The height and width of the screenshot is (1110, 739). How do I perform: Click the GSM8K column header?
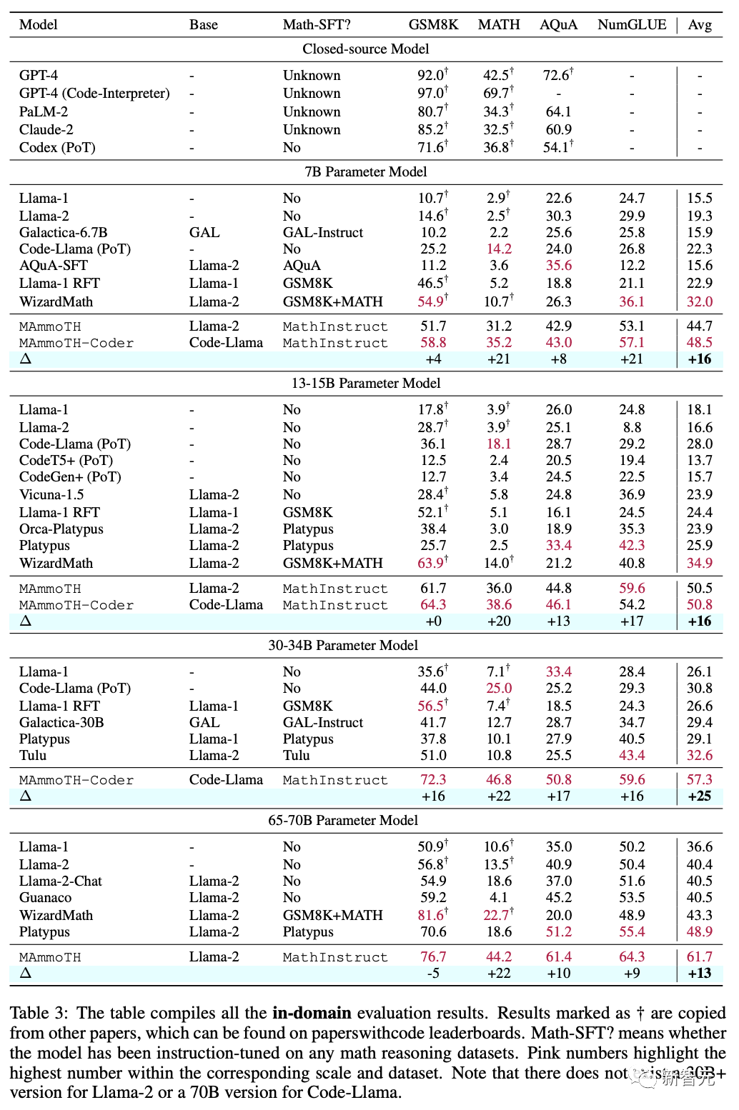point(433,24)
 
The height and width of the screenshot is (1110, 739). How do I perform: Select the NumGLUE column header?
point(632,24)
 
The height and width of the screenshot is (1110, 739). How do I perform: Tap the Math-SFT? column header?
point(317,24)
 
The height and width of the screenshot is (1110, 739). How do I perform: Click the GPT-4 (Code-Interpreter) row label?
point(94,93)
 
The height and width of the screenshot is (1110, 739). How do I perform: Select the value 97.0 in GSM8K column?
point(431,93)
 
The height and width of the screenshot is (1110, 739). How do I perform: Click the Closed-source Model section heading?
point(366,49)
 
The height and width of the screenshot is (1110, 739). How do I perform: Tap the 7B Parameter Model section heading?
point(366,171)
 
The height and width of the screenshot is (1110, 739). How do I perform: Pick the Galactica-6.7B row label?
point(64,232)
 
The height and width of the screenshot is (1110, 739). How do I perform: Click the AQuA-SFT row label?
point(54,265)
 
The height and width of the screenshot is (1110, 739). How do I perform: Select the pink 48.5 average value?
point(700,342)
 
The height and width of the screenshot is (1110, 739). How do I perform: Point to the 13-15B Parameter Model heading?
point(366,383)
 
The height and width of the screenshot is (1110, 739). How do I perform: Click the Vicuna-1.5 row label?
point(51,494)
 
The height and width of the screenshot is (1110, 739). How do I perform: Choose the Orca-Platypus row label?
point(61,529)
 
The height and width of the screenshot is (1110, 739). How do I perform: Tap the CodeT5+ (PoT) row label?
point(66,460)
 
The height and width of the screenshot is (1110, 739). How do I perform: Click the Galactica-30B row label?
point(61,722)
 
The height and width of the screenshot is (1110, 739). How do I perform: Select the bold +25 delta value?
point(700,796)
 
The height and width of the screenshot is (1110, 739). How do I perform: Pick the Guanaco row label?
point(45,897)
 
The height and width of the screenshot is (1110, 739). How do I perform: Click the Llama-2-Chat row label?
point(61,881)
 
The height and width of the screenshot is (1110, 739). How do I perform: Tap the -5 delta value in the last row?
point(433,973)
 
